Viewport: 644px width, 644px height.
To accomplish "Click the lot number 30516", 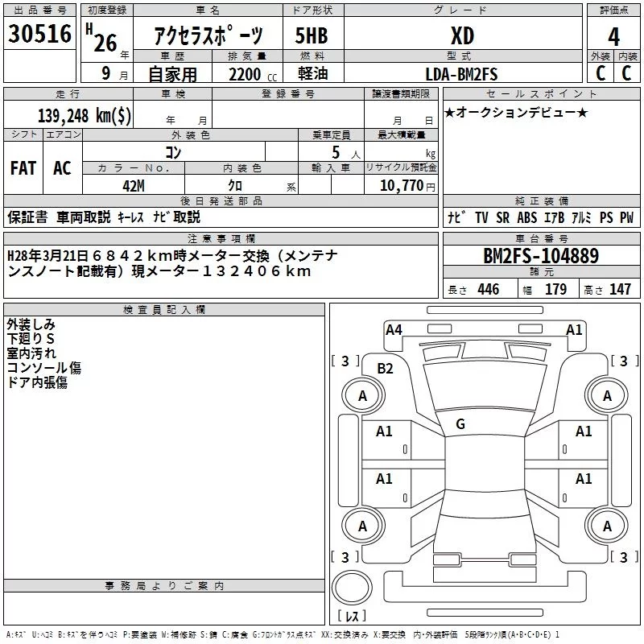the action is pyautogui.click(x=39, y=35).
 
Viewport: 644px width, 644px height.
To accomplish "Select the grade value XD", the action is pyautogui.click(x=462, y=35).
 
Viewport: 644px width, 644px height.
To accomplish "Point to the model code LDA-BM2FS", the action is pyautogui.click(x=461, y=74).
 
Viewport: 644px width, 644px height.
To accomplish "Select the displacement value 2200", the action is pyautogui.click(x=245, y=74).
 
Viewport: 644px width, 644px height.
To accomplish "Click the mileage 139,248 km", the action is pyautogui.click(x=85, y=116).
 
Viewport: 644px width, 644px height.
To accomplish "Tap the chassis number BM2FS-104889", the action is pyautogui.click(x=541, y=257).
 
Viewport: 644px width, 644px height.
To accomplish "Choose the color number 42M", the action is pyautogui.click(x=133, y=186).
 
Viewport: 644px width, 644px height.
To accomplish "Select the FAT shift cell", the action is pyautogui.click(x=23, y=168).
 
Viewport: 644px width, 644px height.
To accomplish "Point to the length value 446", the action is pyautogui.click(x=488, y=290).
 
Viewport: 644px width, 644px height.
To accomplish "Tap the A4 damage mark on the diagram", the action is pyautogui.click(x=394, y=329).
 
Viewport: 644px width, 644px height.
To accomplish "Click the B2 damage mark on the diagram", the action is pyautogui.click(x=386, y=369).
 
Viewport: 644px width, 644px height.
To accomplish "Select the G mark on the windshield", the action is pyautogui.click(x=460, y=423).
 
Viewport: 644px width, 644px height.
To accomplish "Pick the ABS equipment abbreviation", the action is pyautogui.click(x=527, y=217).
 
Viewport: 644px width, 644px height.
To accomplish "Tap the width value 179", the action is pyautogui.click(x=555, y=290).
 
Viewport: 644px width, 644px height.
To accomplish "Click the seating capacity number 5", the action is pyautogui.click(x=335, y=152).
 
